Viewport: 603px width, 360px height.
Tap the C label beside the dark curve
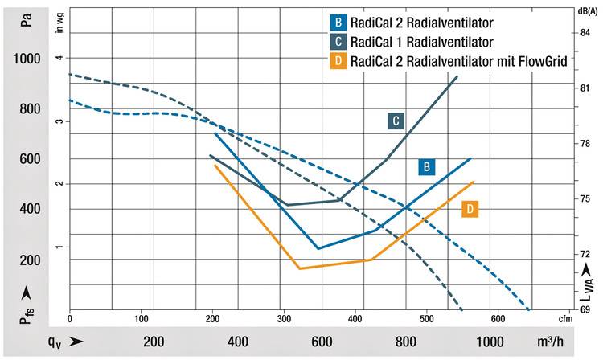(x=395, y=121)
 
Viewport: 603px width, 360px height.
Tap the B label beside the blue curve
(x=427, y=167)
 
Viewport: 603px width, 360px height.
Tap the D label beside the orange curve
(x=471, y=209)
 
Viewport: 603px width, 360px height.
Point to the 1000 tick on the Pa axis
(x=27, y=59)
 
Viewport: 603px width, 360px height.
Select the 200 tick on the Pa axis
(x=30, y=260)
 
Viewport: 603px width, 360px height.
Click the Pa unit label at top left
(x=28, y=18)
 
